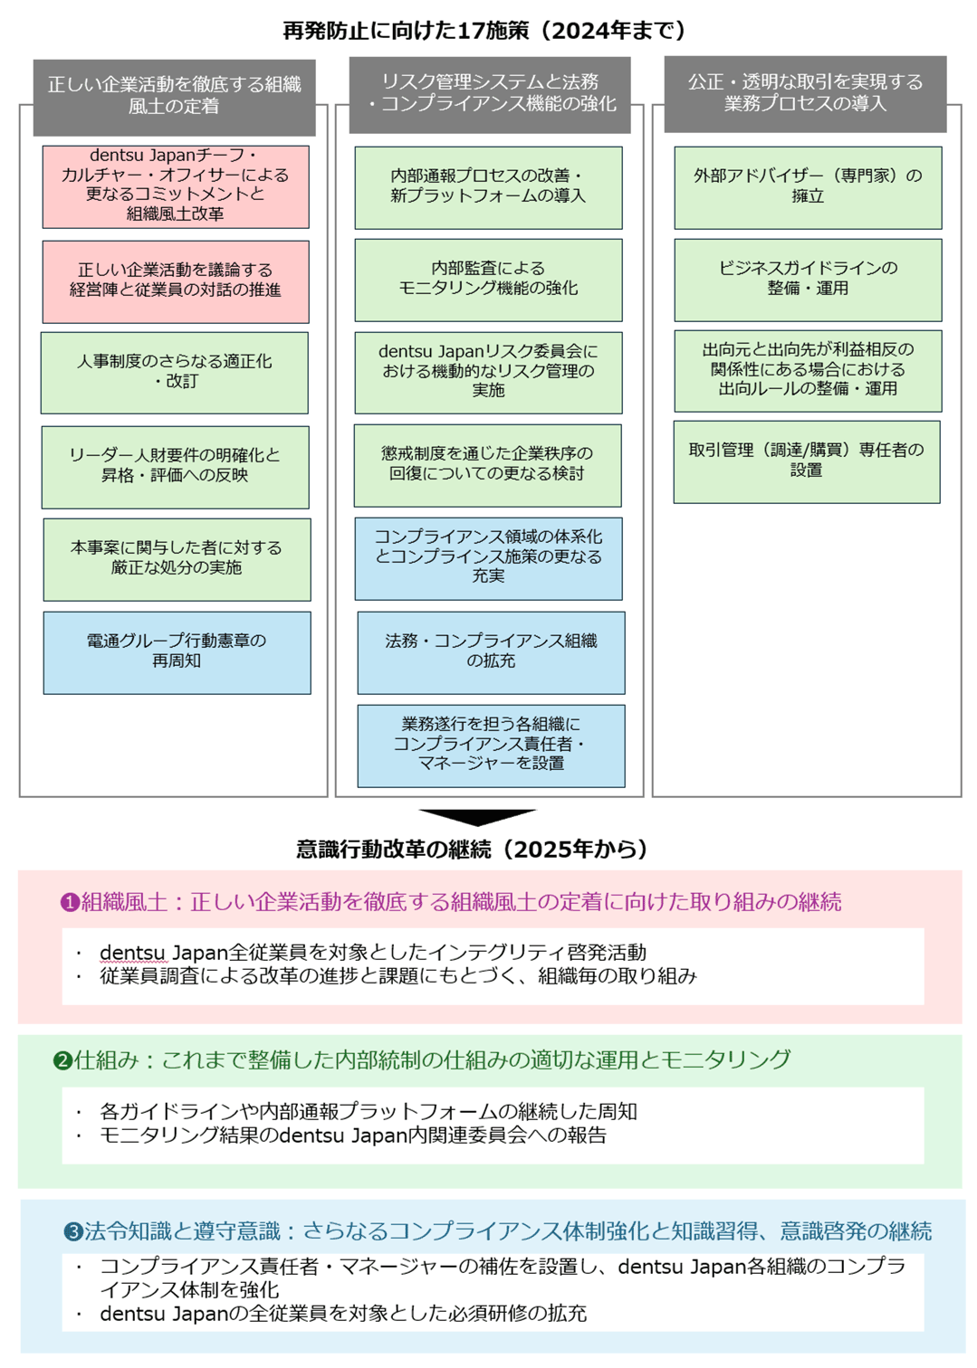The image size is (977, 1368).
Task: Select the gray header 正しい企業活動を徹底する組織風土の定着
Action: pyautogui.click(x=175, y=96)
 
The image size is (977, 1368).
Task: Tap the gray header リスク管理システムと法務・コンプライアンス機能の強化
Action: pyautogui.click(x=490, y=93)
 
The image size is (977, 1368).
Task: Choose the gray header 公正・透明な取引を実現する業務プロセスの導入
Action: pyautogui.click(x=805, y=93)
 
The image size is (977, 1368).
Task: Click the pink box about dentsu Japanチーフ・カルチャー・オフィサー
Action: pyautogui.click(x=176, y=186)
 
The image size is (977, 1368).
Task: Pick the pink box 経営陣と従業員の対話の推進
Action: pyautogui.click(x=176, y=281)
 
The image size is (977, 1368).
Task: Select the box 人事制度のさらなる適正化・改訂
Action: pyautogui.click(x=175, y=373)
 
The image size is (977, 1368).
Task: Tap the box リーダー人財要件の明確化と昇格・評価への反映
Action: pyautogui.click(x=175, y=467)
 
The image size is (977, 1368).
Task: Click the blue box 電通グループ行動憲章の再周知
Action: pyautogui.click(x=177, y=652)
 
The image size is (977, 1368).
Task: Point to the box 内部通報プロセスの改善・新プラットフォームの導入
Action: pyautogui.click(x=488, y=187)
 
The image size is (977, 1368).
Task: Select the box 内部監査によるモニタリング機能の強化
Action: pyautogui.click(x=488, y=280)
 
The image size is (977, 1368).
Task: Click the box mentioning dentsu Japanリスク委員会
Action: pyautogui.click(x=488, y=372)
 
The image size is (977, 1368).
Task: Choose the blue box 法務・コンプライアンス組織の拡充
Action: pyautogui.click(x=491, y=652)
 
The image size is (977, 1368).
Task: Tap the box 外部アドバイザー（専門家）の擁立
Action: pyautogui.click(x=808, y=187)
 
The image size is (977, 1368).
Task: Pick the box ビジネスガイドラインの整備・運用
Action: pyautogui.click(x=808, y=280)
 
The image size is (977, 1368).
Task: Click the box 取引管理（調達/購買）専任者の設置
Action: pyautogui.click(x=806, y=461)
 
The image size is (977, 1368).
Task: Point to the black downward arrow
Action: pyautogui.click(x=477, y=817)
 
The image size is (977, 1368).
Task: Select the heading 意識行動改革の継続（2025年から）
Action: pyautogui.click(x=472, y=849)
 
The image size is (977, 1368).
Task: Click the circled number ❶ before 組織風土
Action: pyautogui.click(x=70, y=903)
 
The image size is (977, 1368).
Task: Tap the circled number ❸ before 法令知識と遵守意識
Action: pyautogui.click(x=73, y=1232)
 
